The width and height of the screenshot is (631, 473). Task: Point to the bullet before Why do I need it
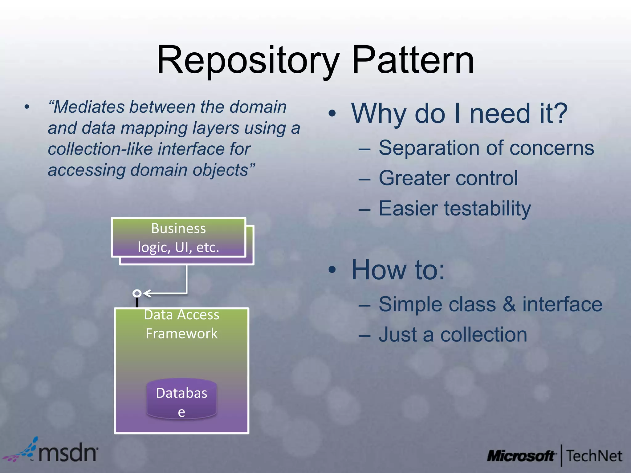click(x=332, y=114)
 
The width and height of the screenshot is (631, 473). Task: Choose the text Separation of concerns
click(x=486, y=148)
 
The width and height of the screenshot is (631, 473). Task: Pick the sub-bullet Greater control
click(x=448, y=178)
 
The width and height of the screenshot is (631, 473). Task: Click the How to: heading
click(x=398, y=270)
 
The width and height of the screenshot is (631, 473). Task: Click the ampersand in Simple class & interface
click(x=509, y=304)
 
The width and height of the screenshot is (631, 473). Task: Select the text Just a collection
click(x=453, y=335)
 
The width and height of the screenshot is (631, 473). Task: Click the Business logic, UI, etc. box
click(x=178, y=237)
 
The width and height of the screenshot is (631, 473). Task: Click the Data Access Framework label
click(x=181, y=324)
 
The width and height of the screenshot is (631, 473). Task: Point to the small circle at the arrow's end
click(x=137, y=293)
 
